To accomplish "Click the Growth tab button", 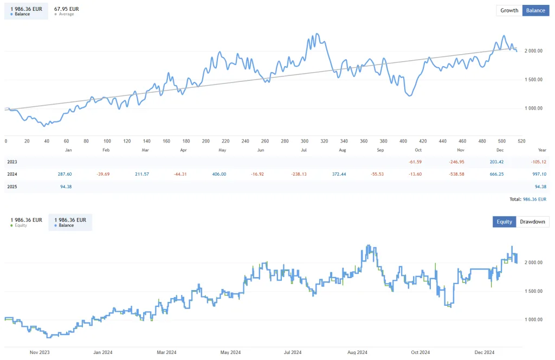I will coord(509,10).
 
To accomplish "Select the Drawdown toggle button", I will coord(532,222).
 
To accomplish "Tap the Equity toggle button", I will coord(504,222).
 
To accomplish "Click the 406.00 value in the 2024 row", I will coord(219,174).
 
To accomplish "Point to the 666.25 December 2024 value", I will coord(500,174).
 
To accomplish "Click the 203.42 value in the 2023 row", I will coord(500,162).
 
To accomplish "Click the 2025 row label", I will coord(12,187).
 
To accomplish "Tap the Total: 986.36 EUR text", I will coord(528,200).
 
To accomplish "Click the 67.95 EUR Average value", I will coord(67,9).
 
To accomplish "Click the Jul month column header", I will coord(304,149).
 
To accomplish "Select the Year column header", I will coord(541,149).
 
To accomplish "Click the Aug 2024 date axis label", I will coord(358,352).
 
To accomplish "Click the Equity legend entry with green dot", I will coord(26,222).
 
